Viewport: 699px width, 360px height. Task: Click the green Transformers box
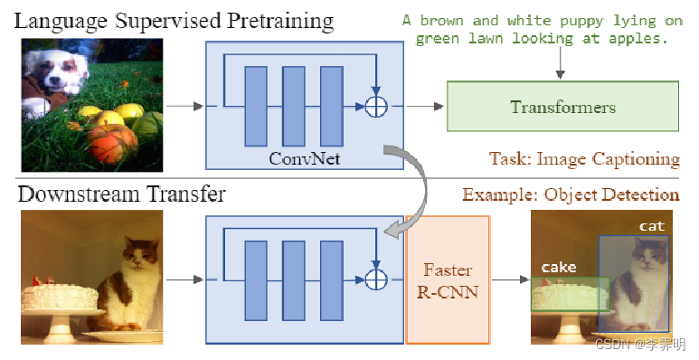point(562,108)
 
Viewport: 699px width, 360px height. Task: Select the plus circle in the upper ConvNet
point(375,107)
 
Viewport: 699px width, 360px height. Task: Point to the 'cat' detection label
point(652,225)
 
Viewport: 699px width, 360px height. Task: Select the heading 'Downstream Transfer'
point(122,194)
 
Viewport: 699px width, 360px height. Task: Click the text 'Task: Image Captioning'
point(584,159)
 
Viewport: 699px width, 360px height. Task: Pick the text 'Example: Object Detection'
point(571,194)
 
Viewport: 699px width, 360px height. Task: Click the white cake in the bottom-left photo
point(56,297)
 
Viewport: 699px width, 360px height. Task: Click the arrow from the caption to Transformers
point(561,63)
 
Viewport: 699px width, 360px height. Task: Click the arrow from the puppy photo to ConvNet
point(185,107)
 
